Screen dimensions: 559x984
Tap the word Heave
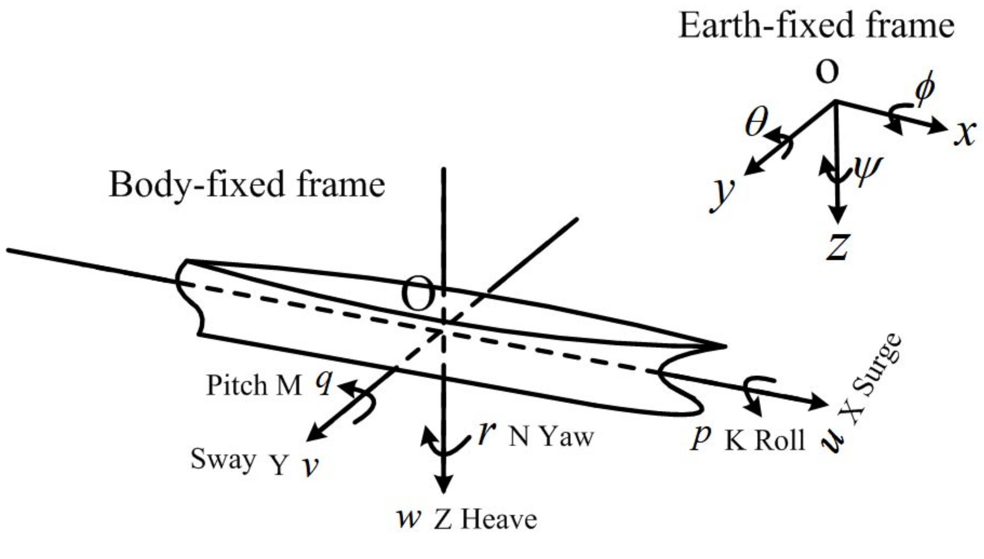(499, 520)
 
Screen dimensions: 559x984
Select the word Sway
(223, 460)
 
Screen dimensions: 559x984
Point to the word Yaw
(567, 437)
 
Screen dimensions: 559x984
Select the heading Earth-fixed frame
(816, 26)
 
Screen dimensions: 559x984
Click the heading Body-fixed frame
(247, 185)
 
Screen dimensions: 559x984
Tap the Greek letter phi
(925, 89)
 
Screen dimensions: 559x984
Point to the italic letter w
(408, 518)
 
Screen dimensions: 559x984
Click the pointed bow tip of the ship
(725, 346)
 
